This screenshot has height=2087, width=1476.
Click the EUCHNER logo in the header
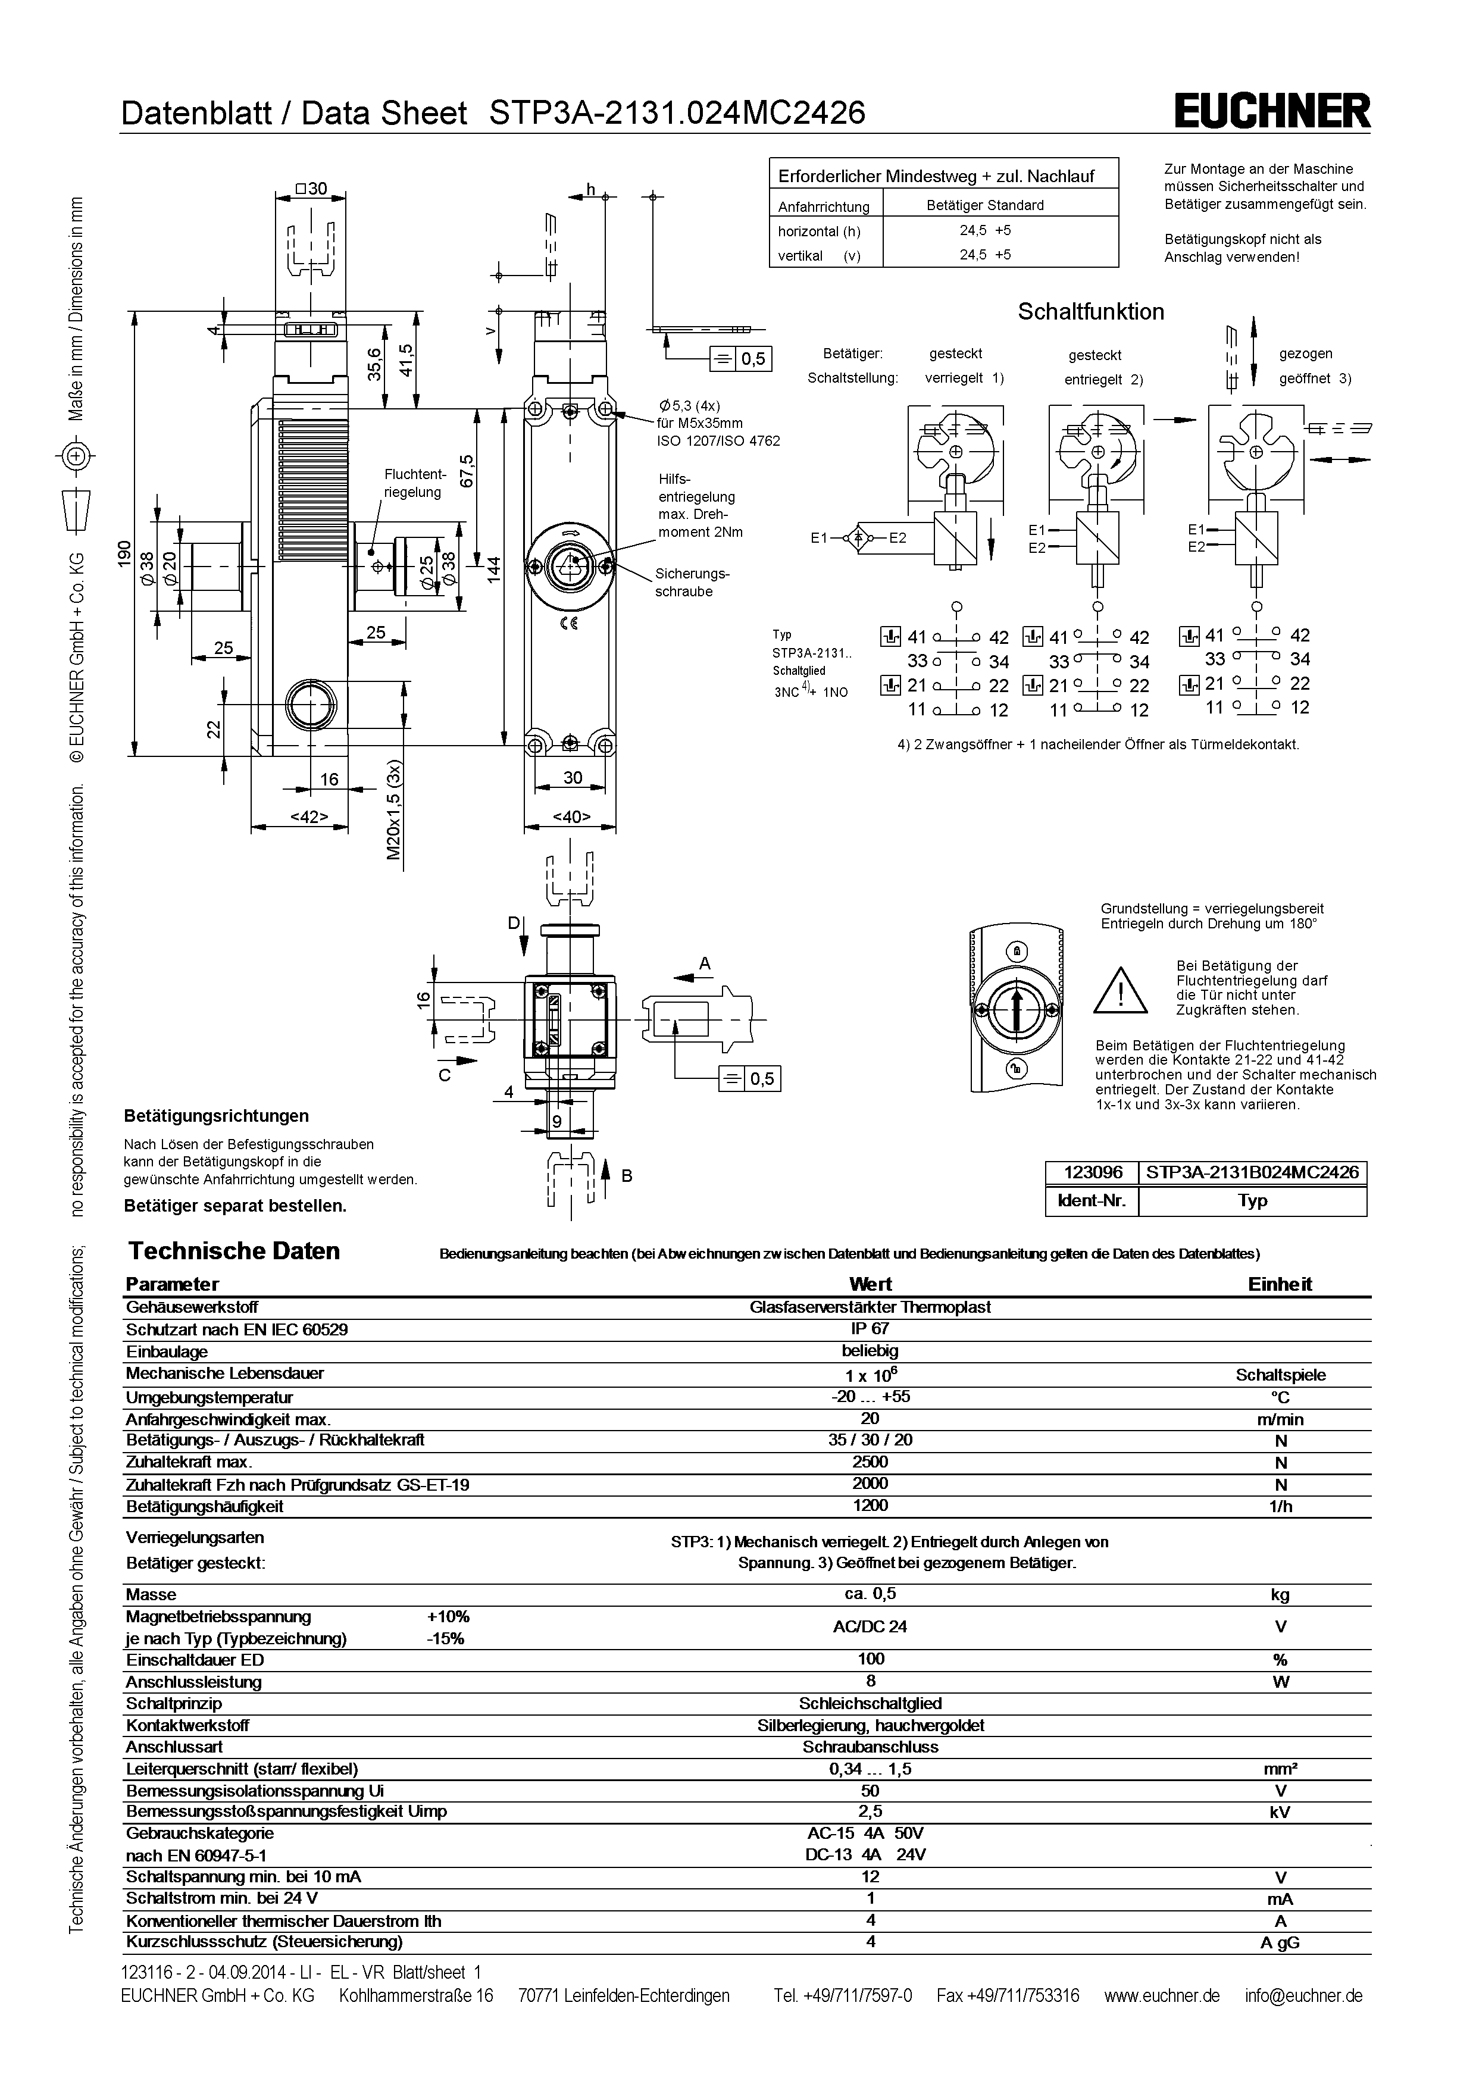coord(1272,112)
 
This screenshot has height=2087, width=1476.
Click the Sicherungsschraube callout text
coord(693,583)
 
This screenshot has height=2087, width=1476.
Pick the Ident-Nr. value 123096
coord(1093,1172)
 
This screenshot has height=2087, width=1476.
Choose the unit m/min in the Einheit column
coord(1281,1419)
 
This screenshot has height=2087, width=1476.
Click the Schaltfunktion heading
coord(1091,312)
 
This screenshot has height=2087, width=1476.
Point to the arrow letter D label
coord(514,924)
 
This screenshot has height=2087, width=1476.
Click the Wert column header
coord(870,1284)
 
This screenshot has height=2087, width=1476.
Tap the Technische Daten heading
coord(234,1251)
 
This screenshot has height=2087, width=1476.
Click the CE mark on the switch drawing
coord(570,624)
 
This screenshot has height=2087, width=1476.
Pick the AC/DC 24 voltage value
coord(870,1626)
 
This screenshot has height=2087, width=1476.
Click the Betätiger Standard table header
coord(985,205)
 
